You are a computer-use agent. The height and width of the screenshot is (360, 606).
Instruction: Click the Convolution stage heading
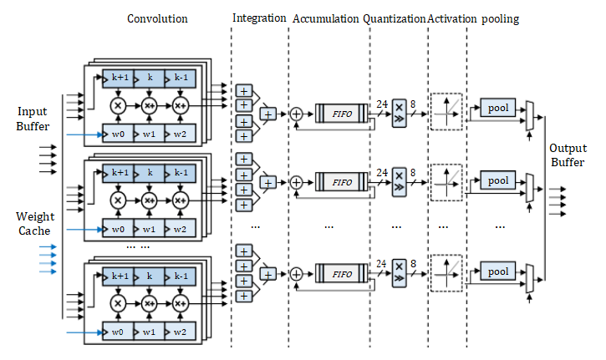pos(157,18)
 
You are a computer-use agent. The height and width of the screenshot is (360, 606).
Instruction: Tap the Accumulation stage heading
pos(326,18)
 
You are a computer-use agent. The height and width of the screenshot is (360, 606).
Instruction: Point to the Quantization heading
pos(395,18)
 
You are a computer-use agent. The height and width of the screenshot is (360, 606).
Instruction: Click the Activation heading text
pos(452,18)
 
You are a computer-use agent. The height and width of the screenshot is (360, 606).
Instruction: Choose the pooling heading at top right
pos(501,18)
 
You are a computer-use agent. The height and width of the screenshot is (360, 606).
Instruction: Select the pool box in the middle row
pos(498,180)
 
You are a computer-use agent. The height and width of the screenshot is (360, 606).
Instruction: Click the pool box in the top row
pos(498,108)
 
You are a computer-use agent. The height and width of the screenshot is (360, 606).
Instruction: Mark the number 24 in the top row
pos(382,104)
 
